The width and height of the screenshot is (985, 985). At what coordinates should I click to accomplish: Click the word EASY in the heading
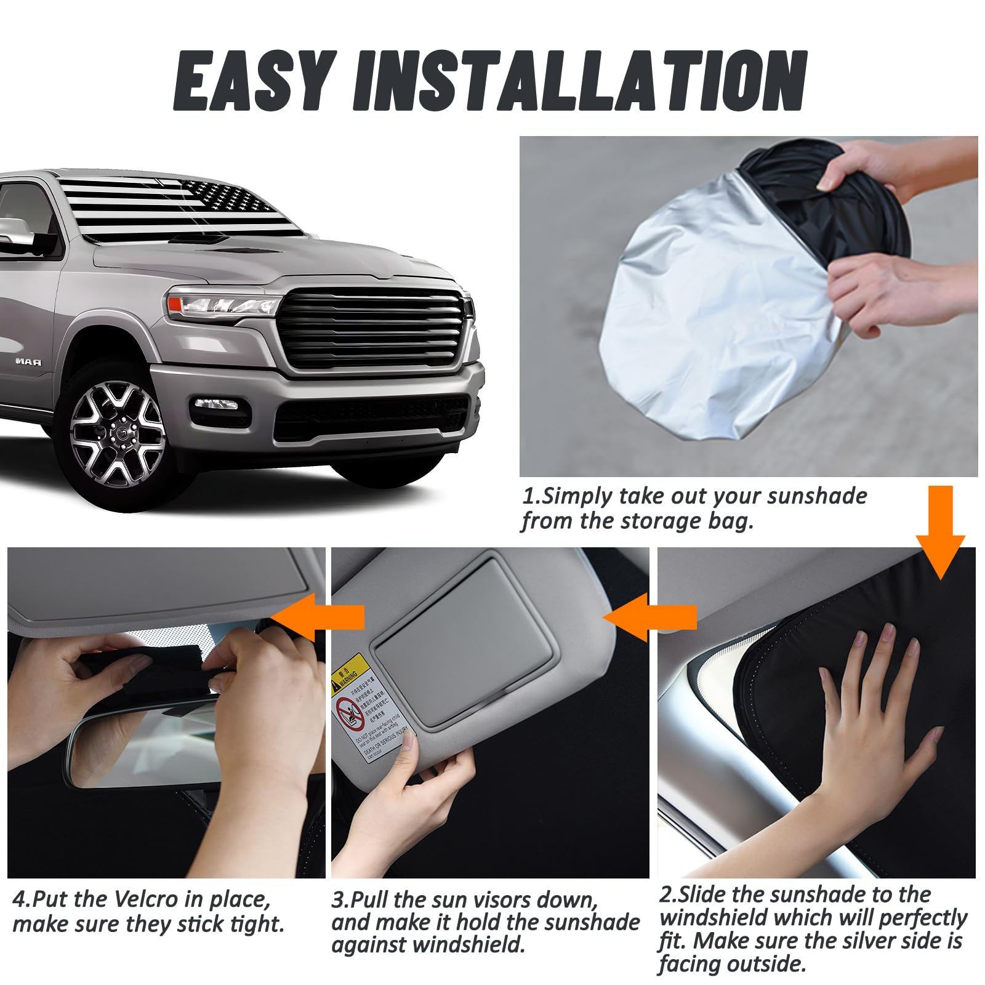click(x=255, y=81)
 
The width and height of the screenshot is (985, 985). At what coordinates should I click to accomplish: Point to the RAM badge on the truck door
click(x=29, y=362)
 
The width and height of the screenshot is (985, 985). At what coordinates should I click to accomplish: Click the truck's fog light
click(x=216, y=404)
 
